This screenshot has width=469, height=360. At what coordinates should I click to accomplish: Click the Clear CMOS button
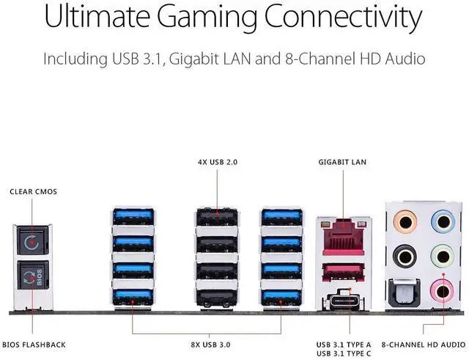tap(32, 240)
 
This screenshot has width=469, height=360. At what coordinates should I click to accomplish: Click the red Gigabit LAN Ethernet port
tap(344, 237)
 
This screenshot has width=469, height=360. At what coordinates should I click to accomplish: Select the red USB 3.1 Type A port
tap(344, 272)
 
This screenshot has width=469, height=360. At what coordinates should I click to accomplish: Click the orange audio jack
tap(405, 222)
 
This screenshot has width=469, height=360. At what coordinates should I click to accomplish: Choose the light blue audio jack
tap(443, 222)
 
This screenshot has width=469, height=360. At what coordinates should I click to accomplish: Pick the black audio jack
tap(405, 257)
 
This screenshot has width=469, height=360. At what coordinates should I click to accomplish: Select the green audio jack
tap(443, 257)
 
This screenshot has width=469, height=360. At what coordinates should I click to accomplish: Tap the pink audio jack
tap(443, 290)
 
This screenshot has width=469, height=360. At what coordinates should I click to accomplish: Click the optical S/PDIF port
tap(404, 293)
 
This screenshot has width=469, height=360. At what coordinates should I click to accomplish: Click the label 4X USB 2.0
tap(218, 162)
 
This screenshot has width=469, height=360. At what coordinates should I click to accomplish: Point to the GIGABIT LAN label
tap(342, 162)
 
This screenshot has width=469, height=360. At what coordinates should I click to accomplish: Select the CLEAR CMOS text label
tap(33, 192)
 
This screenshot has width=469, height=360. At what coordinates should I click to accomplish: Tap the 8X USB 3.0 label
tap(210, 345)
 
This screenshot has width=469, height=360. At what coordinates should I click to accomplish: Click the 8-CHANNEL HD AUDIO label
tap(424, 345)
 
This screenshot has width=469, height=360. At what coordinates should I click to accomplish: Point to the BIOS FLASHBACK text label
tap(34, 345)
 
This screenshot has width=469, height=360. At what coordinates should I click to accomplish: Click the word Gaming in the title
tap(207, 18)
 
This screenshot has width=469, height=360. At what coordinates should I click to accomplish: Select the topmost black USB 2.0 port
tap(217, 217)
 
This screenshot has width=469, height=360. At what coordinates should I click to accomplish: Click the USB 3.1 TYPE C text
tap(344, 353)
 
